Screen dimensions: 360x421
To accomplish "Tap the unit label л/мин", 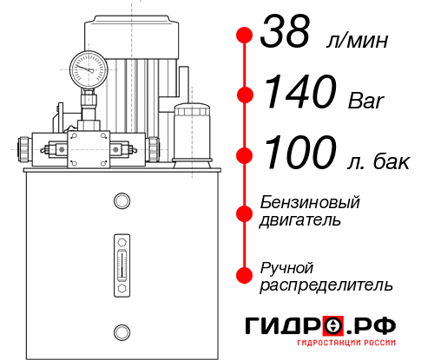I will [x=356, y=41].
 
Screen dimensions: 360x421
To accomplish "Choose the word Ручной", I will [x=287, y=266].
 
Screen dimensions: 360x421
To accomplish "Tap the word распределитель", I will [x=326, y=284].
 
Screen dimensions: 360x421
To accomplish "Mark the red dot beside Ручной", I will [x=245, y=274].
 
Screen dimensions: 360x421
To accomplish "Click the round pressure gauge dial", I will [x=88, y=67].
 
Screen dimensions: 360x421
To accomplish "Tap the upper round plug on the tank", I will [x=122, y=201].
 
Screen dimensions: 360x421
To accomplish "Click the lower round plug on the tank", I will [x=122, y=330].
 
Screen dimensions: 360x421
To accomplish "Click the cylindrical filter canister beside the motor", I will [x=191, y=132].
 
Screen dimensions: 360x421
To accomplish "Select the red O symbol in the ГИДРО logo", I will [x=332, y=326].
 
